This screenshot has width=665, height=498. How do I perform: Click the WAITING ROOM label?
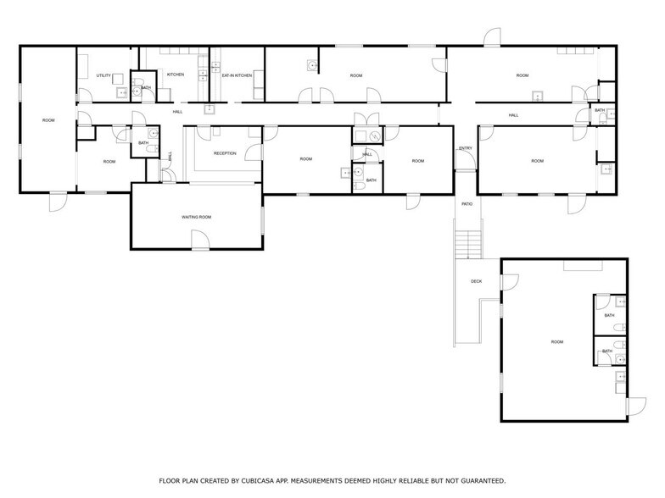[196, 217]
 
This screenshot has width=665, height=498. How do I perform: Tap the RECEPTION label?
[225, 153]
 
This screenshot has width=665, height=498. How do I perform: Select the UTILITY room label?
[104, 75]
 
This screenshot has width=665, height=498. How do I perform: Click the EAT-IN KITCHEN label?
[237, 75]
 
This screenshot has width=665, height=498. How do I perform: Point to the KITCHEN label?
[176, 75]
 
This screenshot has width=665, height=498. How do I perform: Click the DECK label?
[477, 281]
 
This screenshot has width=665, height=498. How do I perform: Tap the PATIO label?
[467, 204]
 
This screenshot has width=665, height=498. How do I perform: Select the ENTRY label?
[465, 148]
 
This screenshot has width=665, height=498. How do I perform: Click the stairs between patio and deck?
[467, 245]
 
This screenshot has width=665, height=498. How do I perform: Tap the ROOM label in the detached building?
[557, 341]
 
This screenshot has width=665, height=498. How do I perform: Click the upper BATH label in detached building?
[609, 317]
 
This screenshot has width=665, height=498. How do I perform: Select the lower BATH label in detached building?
[607, 351]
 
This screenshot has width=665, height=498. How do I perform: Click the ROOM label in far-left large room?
[48, 120]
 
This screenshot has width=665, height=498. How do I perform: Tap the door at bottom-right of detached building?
[629, 407]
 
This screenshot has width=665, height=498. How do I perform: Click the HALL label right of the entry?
[513, 115]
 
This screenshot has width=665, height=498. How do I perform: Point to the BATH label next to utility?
[146, 87]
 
